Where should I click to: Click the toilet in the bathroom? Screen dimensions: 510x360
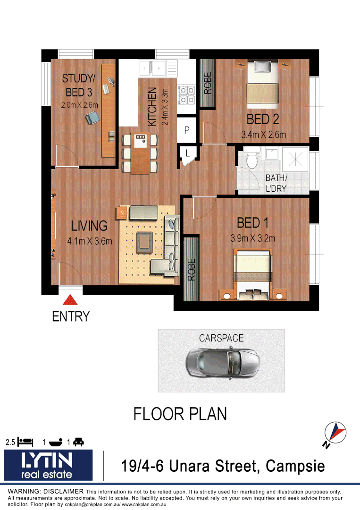252,159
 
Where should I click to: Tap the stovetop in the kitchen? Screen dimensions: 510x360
186,96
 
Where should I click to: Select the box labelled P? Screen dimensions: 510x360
186,130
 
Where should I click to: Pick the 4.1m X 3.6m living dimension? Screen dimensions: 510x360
90,241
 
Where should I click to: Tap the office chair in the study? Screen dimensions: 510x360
93,116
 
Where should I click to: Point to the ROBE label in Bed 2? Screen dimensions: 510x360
207,83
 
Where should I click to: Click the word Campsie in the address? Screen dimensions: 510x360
295,466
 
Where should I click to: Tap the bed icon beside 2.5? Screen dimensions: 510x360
25,442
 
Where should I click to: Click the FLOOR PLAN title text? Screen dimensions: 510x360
180,414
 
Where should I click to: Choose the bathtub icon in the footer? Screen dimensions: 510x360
56,442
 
